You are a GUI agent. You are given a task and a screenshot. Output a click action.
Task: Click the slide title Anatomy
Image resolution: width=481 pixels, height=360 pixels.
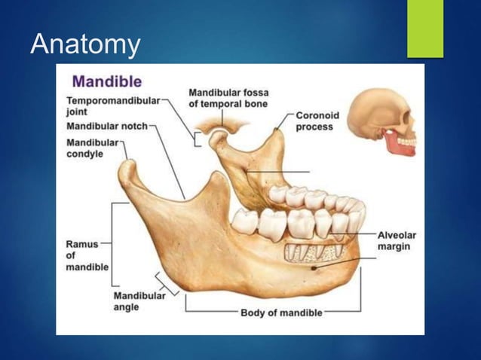coord(85,44)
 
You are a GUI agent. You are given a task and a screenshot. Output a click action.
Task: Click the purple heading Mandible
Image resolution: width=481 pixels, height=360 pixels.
coord(106,81)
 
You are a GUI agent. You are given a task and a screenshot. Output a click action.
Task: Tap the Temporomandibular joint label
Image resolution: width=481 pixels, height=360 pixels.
coord(113,105)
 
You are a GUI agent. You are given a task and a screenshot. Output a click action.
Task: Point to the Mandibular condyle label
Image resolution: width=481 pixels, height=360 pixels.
coord(93,148)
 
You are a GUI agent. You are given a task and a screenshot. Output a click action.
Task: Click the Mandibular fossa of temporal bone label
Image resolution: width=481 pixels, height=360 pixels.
coord(228,98)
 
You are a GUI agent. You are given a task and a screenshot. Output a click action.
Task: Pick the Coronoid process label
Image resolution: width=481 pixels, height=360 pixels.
coord(317,121)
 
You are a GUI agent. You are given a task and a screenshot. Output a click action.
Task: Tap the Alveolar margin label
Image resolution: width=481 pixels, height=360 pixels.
coord(397,241)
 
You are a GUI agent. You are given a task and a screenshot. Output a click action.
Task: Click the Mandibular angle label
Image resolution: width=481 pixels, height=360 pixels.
coord(139,301)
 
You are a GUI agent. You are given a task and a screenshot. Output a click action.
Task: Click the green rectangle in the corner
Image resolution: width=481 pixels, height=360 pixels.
coord(425,29)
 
